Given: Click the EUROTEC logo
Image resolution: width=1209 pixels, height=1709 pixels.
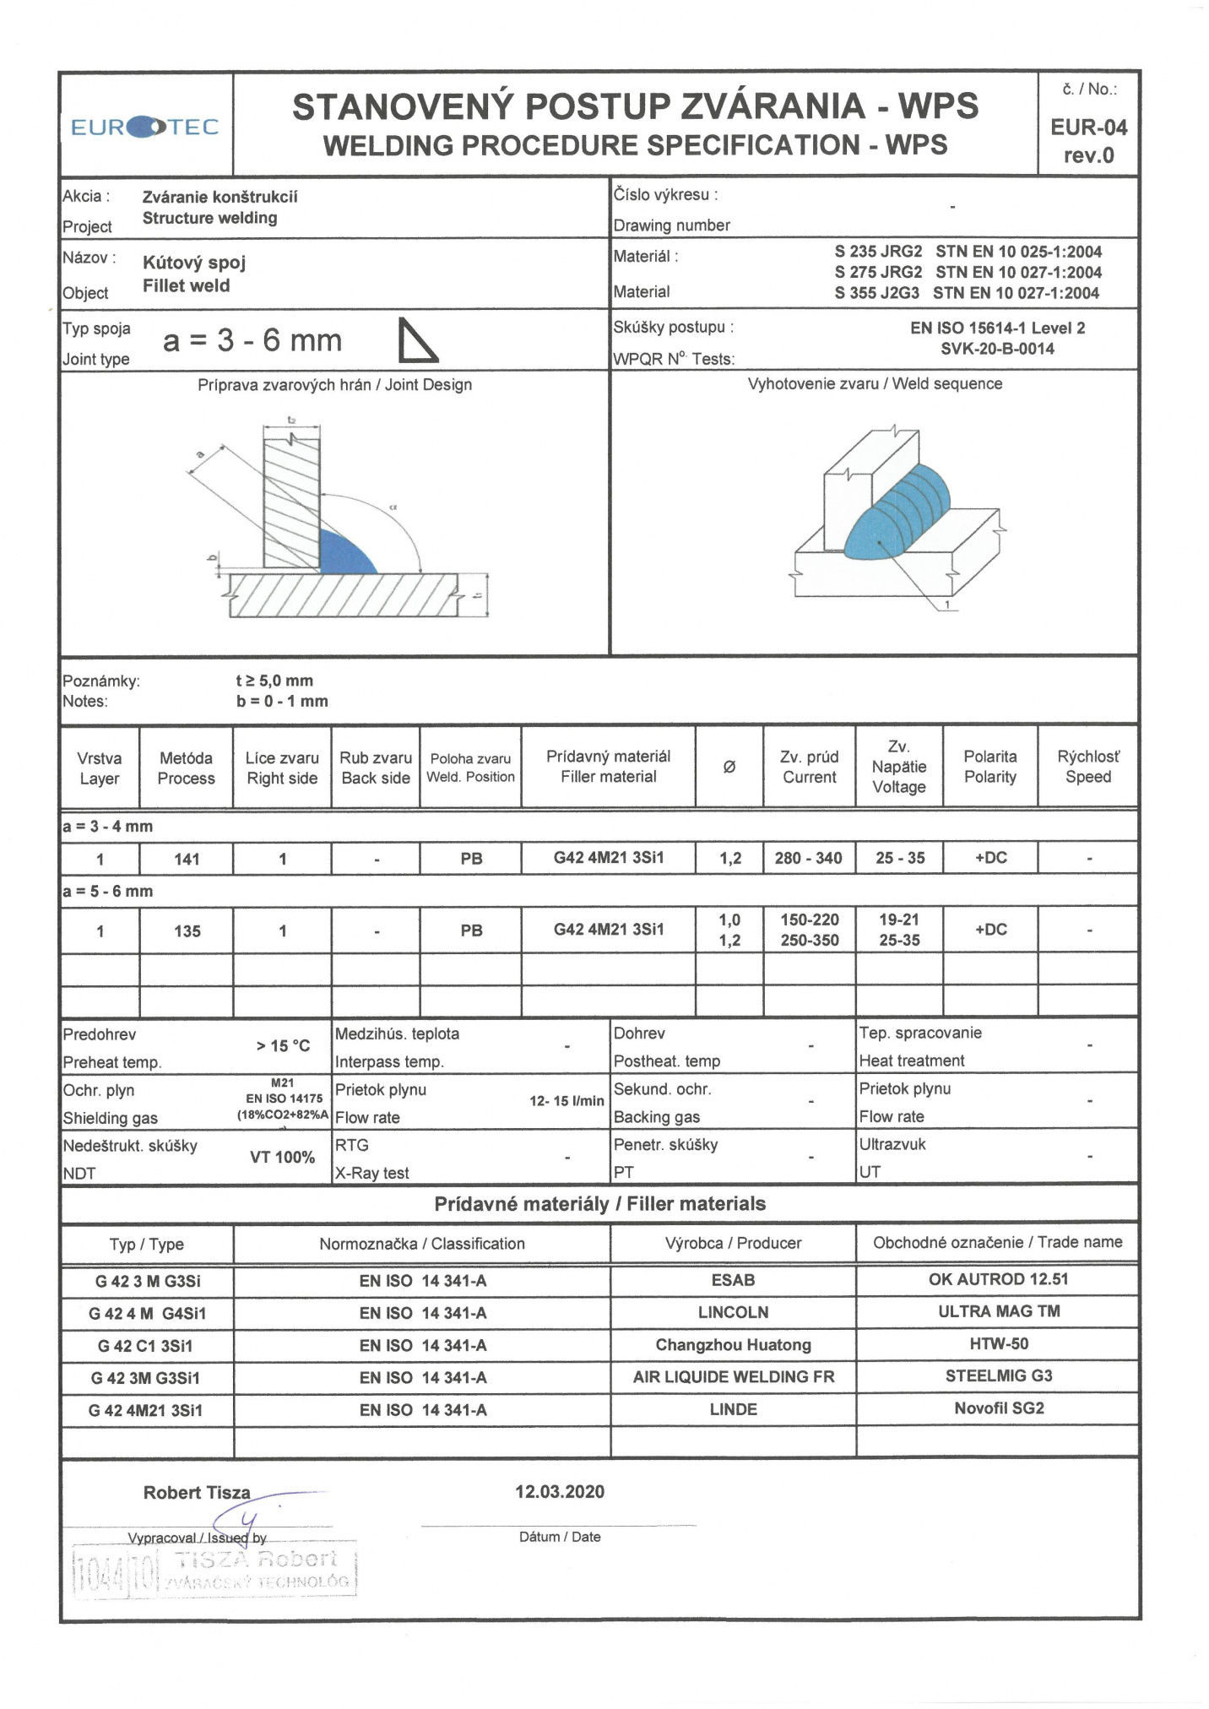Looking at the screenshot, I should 144,127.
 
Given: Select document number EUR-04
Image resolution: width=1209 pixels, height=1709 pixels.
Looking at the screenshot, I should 1088,127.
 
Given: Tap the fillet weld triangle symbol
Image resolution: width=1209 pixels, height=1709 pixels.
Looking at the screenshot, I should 417,340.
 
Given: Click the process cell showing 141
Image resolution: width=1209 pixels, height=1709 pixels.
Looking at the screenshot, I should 187,859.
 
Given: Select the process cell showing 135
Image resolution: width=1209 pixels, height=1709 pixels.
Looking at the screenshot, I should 187,930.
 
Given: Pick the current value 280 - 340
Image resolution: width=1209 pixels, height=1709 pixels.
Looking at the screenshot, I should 808,858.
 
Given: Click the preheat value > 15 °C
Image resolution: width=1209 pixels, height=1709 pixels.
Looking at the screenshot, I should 283,1046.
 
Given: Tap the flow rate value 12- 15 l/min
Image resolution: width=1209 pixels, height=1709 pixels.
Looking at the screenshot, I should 567,1101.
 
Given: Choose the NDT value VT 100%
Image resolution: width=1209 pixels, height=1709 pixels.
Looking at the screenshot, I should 282,1157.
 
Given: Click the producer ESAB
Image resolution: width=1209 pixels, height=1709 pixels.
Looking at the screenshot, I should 733,1280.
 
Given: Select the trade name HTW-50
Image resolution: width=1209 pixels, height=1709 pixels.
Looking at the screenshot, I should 999,1343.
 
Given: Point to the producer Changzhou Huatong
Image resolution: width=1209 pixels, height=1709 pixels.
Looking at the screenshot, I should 733,1345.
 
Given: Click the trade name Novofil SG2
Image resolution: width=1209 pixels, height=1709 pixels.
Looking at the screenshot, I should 999,1408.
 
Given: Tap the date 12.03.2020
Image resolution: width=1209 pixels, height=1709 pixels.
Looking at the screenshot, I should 560,1492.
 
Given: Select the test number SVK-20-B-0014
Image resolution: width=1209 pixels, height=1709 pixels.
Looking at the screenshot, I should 997,349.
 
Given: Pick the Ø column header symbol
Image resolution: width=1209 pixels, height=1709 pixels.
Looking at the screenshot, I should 729,767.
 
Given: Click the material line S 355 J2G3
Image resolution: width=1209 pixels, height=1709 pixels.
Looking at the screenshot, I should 967,293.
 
